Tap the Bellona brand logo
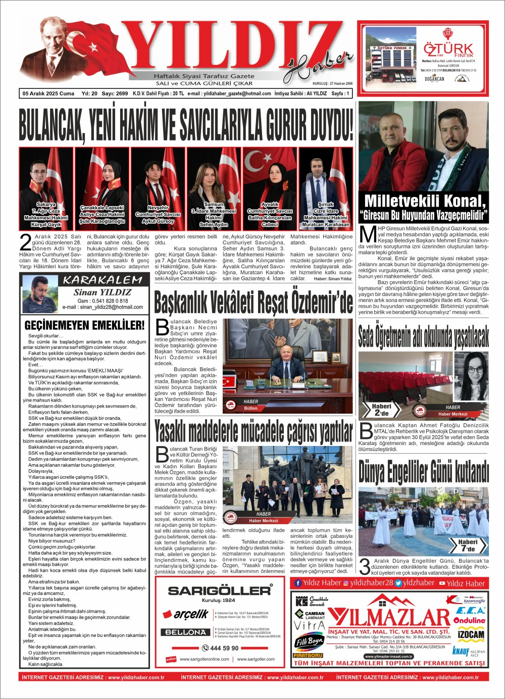(186, 632)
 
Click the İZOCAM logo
(471, 634)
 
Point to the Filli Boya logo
(309, 642)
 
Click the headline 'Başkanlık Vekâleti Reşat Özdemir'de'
(254, 303)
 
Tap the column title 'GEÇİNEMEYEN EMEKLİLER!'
(84, 325)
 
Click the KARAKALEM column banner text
(103, 280)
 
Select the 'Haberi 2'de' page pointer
(382, 410)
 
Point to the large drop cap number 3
(365, 567)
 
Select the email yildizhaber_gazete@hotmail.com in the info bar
(229, 94)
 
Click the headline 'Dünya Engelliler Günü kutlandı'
(423, 472)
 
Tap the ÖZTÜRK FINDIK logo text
(448, 50)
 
